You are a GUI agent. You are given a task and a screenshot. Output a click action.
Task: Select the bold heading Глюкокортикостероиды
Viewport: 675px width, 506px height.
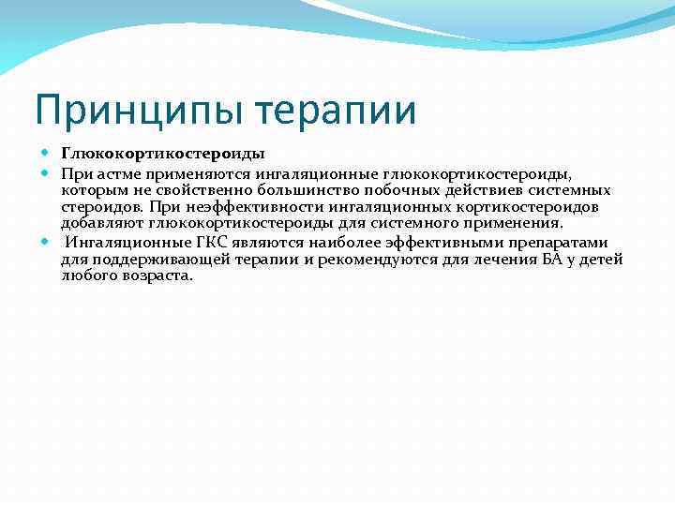click(163, 153)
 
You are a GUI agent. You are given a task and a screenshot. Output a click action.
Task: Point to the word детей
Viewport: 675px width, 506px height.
click(601, 259)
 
